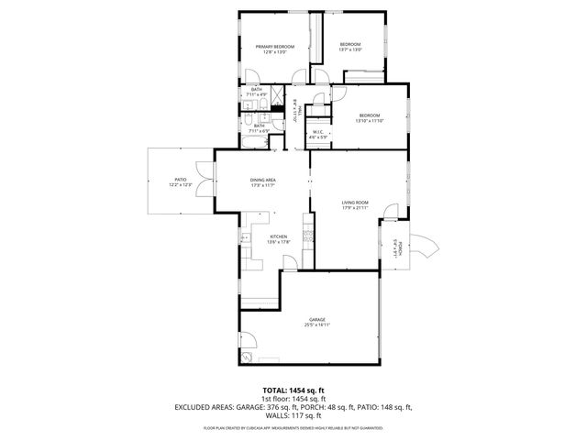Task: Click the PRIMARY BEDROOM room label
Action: (274, 47)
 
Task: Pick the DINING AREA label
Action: (263, 180)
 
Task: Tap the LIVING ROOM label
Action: (355, 203)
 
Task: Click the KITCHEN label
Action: (278, 237)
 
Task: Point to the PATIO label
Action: (180, 181)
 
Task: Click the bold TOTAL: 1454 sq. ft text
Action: (293, 390)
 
